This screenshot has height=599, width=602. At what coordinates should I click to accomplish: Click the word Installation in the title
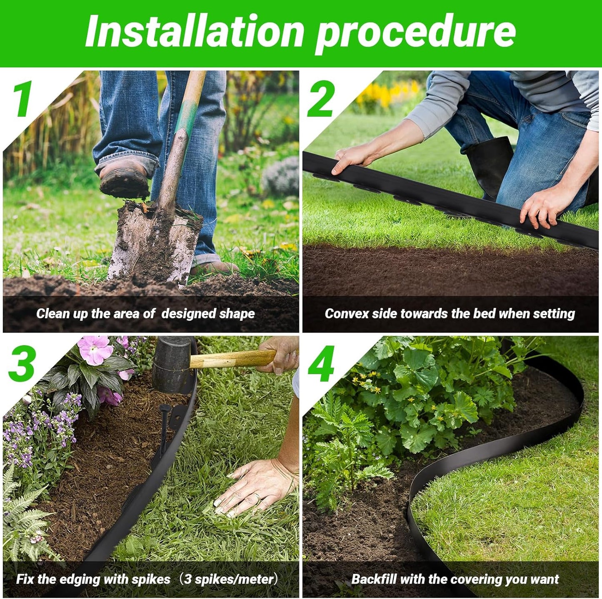(x=194, y=32)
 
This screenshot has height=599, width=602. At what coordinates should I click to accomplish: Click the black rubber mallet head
(x=171, y=364)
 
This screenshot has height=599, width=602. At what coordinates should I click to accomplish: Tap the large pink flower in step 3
(x=95, y=350)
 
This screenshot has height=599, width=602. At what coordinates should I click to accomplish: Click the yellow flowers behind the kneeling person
(x=387, y=94)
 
